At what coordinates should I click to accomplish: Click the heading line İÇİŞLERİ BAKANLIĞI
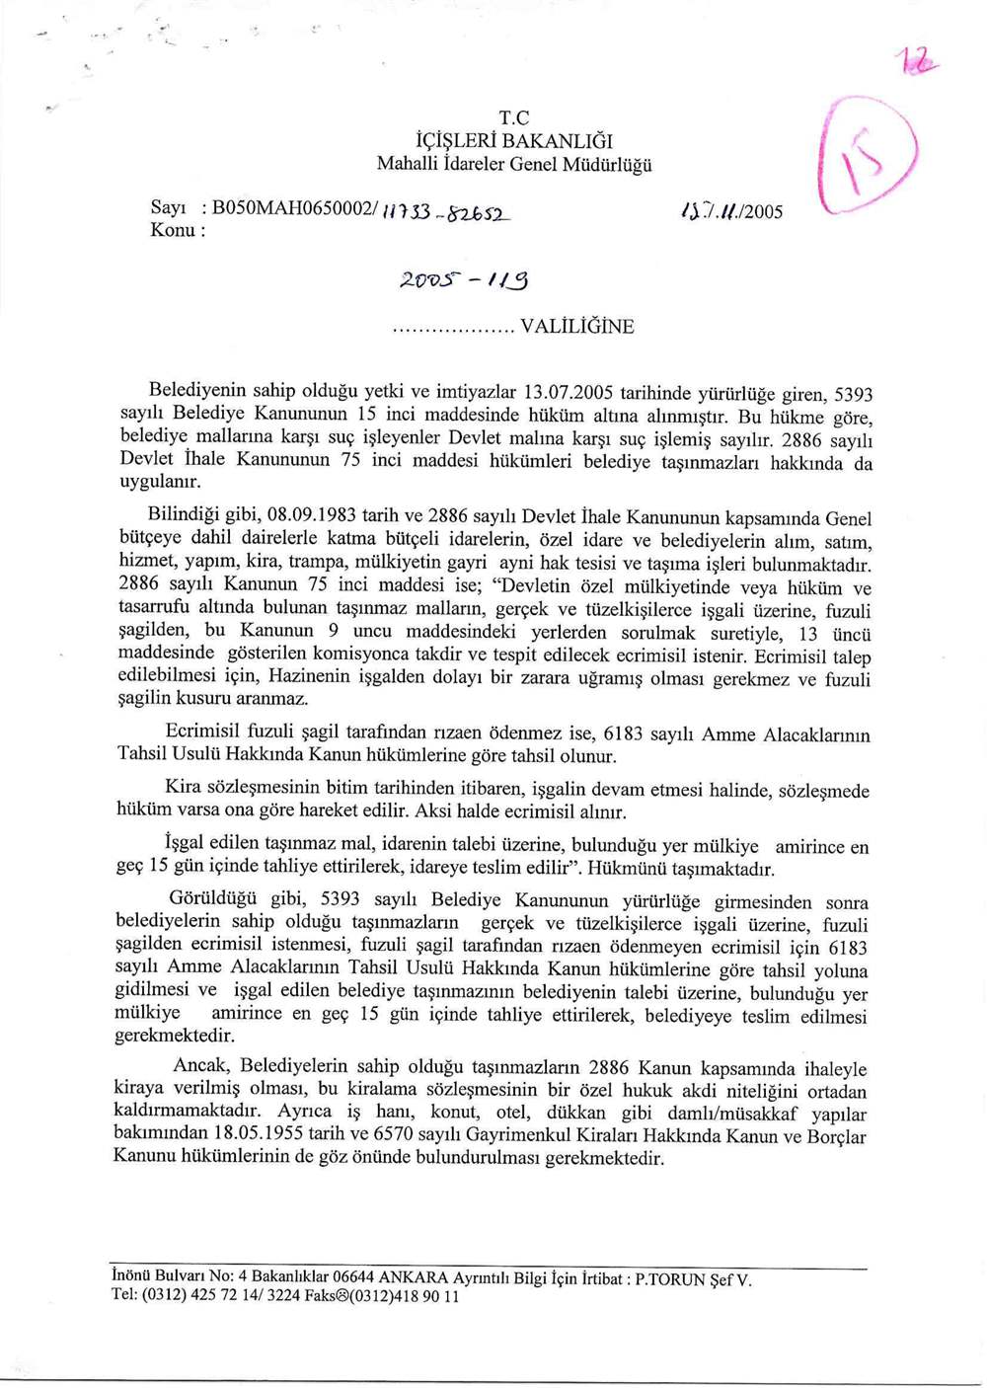pyautogui.click(x=514, y=141)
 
